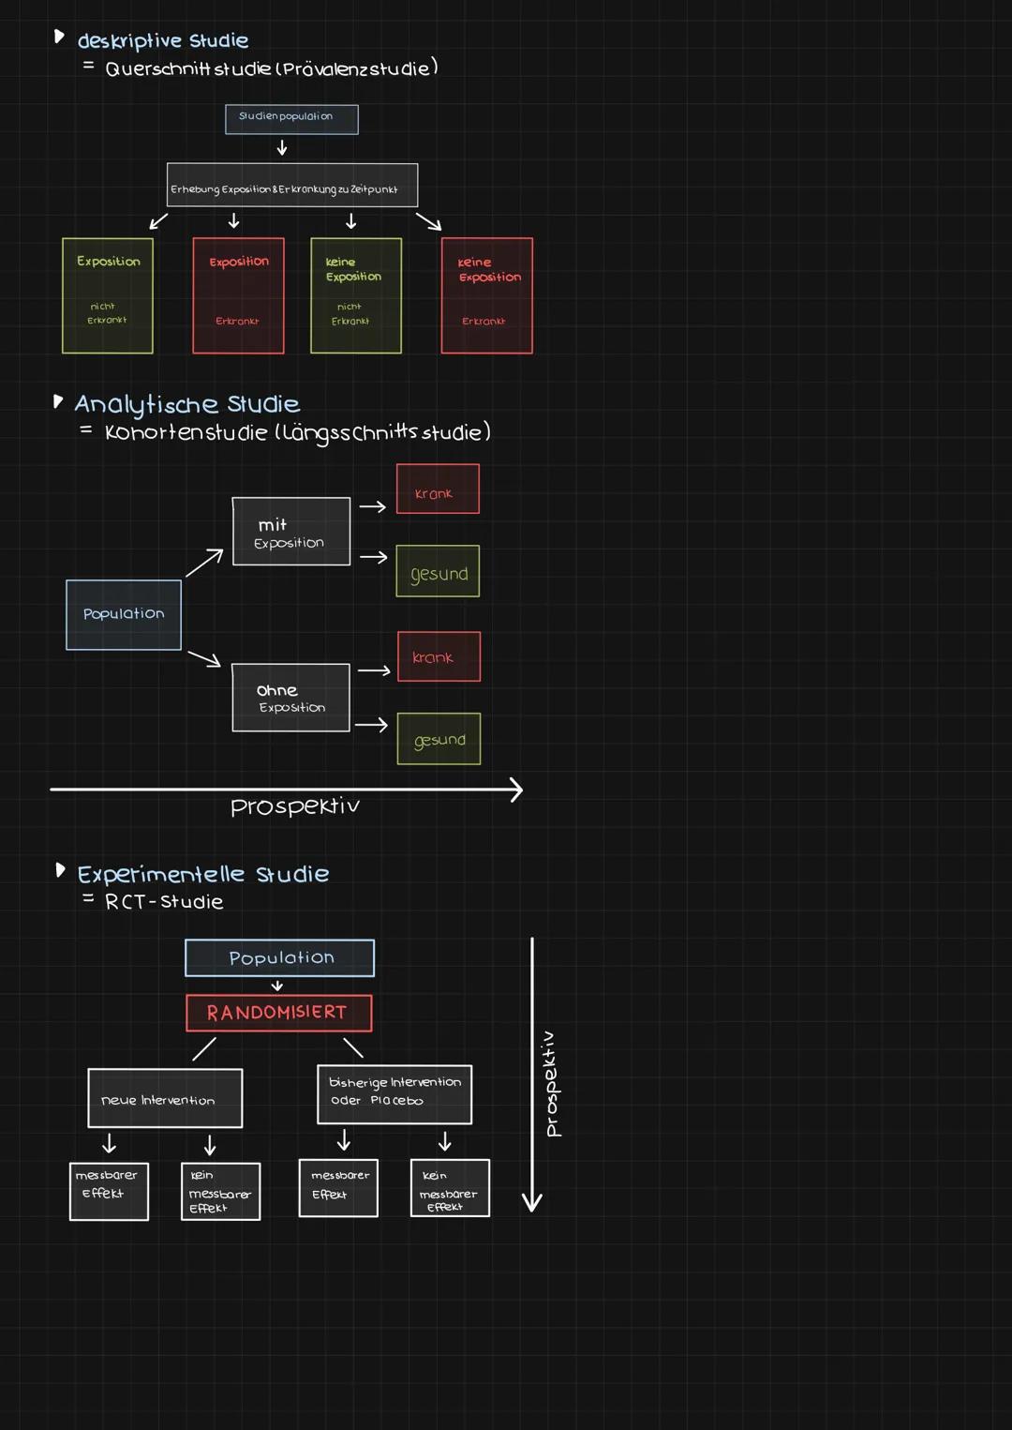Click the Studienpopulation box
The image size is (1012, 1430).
291,119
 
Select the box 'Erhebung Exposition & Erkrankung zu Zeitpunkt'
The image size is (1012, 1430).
292,186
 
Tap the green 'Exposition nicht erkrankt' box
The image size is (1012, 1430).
108,295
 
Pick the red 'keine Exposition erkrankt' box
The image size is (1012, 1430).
487,295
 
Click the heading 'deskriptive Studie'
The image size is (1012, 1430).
162,41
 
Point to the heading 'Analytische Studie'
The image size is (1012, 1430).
186,404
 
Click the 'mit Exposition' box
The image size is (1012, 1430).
291,532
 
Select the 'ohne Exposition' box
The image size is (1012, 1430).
291,698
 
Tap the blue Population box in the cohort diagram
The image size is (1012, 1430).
124,615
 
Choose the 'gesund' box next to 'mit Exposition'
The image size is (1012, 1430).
438,571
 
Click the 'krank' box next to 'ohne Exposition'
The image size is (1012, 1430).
439,656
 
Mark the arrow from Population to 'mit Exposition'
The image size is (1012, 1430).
203,563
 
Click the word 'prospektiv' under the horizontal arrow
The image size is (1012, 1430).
295,806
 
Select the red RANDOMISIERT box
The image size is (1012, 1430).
279,1013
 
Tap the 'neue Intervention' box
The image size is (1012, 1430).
165,1098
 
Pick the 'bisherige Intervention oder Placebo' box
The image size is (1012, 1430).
394,1094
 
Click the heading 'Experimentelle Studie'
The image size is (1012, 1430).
202,875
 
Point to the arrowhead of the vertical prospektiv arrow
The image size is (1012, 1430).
532,1203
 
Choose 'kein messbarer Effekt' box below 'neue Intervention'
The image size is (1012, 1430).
220,1192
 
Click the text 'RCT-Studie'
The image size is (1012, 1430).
164,902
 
